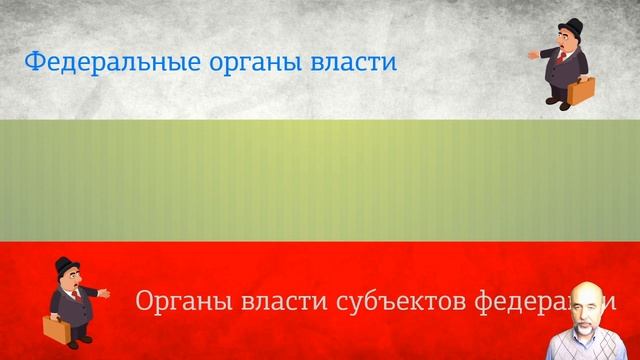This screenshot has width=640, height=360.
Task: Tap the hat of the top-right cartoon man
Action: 567,26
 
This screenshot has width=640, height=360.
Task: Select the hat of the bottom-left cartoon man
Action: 66,264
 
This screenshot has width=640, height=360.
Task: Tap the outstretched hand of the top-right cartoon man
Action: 533,55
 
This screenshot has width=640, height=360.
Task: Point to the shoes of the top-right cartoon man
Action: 558,102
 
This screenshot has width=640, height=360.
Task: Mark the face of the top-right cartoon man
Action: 566,42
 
